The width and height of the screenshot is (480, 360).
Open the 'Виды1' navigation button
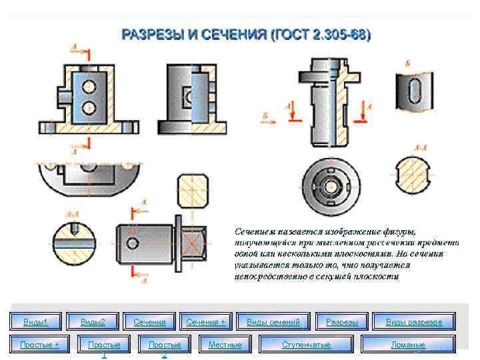pyautogui.click(x=36, y=322)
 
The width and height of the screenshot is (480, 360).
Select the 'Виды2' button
pyautogui.click(x=93, y=322)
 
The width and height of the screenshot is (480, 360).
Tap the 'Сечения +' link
pyautogui.click(x=206, y=322)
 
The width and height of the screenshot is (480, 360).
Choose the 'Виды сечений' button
pyautogui.click(x=273, y=322)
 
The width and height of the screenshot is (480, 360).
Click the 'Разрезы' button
pyautogui.click(x=342, y=322)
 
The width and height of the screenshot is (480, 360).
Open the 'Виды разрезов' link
pyautogui.click(x=413, y=322)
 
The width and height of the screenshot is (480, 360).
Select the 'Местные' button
pyautogui.click(x=225, y=345)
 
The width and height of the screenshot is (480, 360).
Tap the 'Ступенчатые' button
pyautogui.click(x=306, y=345)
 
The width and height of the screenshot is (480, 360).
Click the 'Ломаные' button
pyautogui.click(x=408, y=345)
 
